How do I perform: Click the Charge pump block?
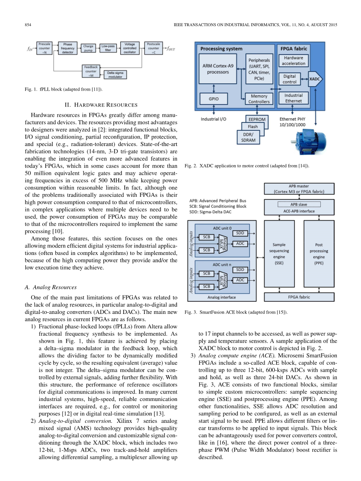[88, 48]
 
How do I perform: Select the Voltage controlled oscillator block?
[130, 48]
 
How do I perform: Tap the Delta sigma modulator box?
[115, 75]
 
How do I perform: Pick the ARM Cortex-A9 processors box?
[218, 69]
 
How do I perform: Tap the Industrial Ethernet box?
[293, 98]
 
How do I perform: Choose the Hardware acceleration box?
[293, 61]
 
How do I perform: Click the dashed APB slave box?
[299, 204]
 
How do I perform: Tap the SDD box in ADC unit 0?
[240, 233]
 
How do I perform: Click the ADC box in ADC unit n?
[240, 280]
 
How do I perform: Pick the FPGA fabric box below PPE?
[299, 297]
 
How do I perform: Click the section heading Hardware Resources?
[101, 105]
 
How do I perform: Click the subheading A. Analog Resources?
[50, 287]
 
